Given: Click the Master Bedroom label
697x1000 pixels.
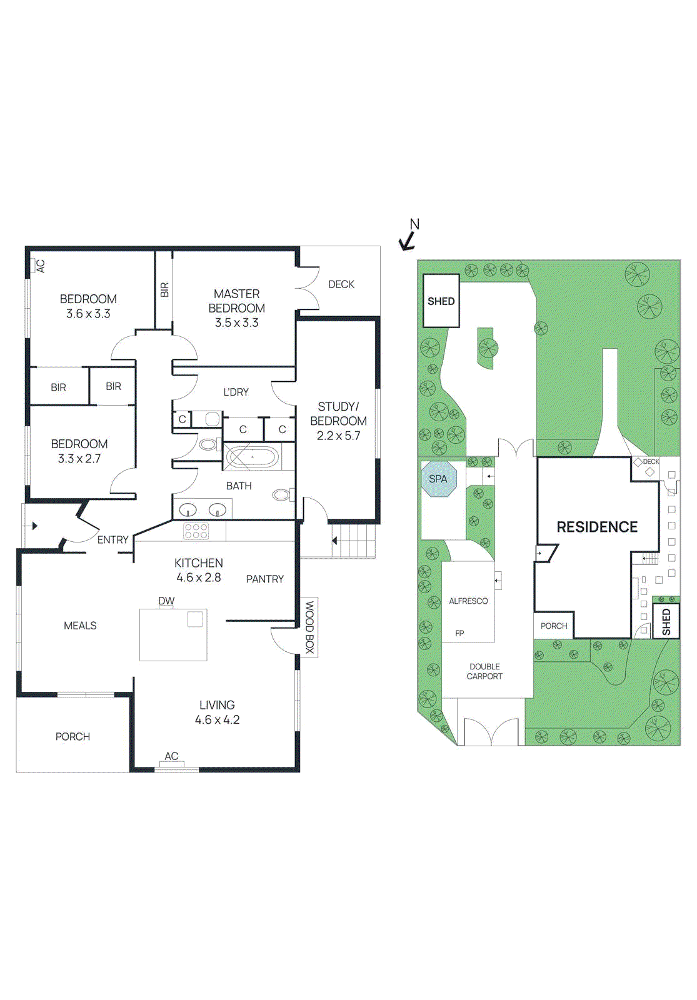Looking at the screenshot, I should tap(236, 307).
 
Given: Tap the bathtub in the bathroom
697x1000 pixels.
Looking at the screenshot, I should tap(252, 457).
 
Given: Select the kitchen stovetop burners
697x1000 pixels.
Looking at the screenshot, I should tap(196, 531).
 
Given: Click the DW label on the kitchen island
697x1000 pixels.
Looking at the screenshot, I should tap(166, 601).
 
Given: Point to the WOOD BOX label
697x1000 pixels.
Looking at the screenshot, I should tap(309, 627).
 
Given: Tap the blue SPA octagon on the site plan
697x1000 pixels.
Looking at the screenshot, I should tap(438, 479).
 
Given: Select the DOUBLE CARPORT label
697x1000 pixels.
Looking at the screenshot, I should tap(484, 671).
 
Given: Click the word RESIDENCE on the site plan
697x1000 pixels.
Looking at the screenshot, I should tap(597, 527).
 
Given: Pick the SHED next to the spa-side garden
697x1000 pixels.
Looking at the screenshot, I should tap(441, 301).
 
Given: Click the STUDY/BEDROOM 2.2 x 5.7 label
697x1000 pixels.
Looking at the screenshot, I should tap(338, 421).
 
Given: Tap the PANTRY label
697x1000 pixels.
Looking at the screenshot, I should tap(264, 579).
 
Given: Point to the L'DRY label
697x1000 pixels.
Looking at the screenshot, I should tap(236, 392).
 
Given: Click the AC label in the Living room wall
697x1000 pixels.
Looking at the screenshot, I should tap(171, 756).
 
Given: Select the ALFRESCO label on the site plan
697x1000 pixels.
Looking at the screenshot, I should tap(468, 601).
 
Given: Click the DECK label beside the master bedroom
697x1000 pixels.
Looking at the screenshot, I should tap(341, 284).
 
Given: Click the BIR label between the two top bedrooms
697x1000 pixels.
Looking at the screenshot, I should tap(164, 289).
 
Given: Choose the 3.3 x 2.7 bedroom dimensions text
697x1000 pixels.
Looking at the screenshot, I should tap(79, 459).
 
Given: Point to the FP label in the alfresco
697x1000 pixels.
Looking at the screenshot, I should tap(459, 633).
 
